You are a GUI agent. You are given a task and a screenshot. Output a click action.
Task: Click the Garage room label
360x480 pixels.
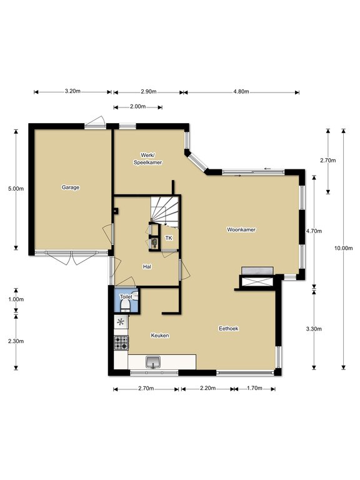(x=71, y=187)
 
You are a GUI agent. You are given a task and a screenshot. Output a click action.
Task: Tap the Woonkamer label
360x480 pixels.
(x=241, y=229)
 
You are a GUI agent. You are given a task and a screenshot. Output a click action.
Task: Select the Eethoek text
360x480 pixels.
(x=229, y=329)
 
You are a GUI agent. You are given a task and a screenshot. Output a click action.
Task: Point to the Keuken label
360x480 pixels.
(x=160, y=336)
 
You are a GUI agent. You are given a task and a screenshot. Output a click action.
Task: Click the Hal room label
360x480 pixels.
(x=147, y=267)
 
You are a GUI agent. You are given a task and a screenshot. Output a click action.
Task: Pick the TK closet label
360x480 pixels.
(x=169, y=238)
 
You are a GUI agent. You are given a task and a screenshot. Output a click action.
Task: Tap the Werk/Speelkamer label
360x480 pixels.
(x=148, y=159)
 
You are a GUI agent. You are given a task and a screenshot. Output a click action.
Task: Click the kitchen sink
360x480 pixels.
(x=153, y=362)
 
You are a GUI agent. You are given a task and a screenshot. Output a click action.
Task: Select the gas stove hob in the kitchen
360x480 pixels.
(x=121, y=342)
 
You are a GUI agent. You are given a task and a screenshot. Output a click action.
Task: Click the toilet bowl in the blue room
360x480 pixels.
(x=125, y=306)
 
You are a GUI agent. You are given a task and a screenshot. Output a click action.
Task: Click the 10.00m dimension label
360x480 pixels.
(x=344, y=248)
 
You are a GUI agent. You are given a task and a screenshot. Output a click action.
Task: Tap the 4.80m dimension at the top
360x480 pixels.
(x=241, y=91)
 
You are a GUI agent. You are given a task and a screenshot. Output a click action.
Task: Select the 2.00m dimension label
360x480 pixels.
(x=137, y=106)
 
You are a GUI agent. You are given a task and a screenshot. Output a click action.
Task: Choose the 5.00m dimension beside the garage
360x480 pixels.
(x=16, y=189)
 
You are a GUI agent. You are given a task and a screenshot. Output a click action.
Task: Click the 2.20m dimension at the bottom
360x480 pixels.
(x=208, y=389)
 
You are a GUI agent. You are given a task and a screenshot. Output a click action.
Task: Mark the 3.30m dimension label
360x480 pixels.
(x=314, y=329)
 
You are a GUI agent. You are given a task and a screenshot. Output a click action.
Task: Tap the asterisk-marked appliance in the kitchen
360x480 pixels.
(x=121, y=322)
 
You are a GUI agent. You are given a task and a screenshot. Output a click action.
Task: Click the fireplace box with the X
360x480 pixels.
(x=256, y=282)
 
